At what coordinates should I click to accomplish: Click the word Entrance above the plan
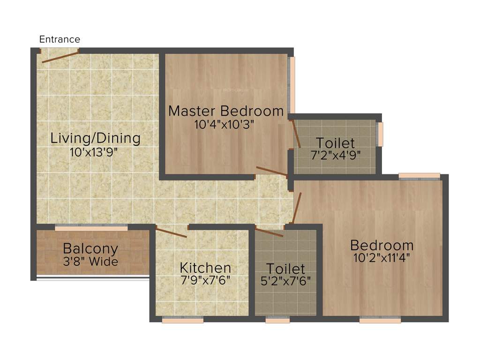(60, 39)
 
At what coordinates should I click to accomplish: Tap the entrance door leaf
(60, 56)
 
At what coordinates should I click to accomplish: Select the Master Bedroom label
(226, 111)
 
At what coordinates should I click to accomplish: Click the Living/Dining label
(96, 138)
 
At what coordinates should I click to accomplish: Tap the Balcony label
(90, 248)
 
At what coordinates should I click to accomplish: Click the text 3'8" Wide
(90, 262)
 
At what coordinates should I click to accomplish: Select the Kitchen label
(205, 268)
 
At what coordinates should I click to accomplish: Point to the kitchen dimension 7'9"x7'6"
(205, 281)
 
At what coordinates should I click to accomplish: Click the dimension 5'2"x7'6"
(285, 282)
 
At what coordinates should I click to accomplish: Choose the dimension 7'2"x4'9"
(336, 155)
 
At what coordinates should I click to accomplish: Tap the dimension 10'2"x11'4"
(382, 258)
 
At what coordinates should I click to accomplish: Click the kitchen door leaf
(172, 232)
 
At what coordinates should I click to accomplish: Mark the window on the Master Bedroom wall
(292, 84)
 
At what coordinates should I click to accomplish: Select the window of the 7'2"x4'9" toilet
(380, 134)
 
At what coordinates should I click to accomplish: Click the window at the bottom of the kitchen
(183, 321)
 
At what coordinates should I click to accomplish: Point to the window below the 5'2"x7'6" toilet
(277, 321)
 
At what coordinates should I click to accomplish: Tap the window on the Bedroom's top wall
(420, 176)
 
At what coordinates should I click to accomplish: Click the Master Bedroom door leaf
(272, 172)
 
